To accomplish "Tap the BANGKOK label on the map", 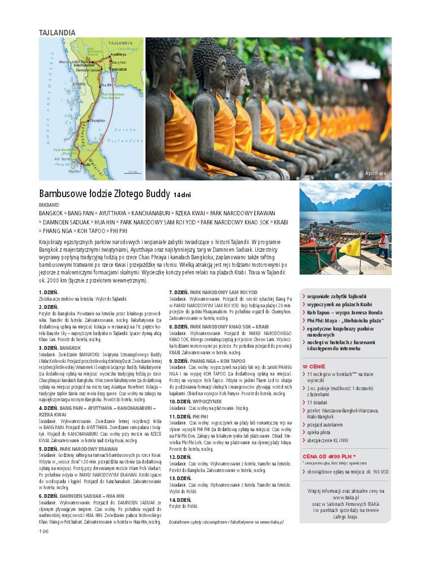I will [x=119, y=69].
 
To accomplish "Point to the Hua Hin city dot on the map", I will [x=100, y=85].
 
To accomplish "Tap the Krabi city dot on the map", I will [x=81, y=163].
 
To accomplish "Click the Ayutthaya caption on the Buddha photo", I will [x=375, y=173].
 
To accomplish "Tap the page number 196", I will [x=43, y=531].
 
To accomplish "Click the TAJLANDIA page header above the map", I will [x=57, y=32].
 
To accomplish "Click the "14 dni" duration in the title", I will [x=183, y=195].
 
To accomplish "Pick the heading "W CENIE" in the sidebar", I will [x=314, y=366].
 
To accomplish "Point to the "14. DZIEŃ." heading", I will [x=180, y=499].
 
